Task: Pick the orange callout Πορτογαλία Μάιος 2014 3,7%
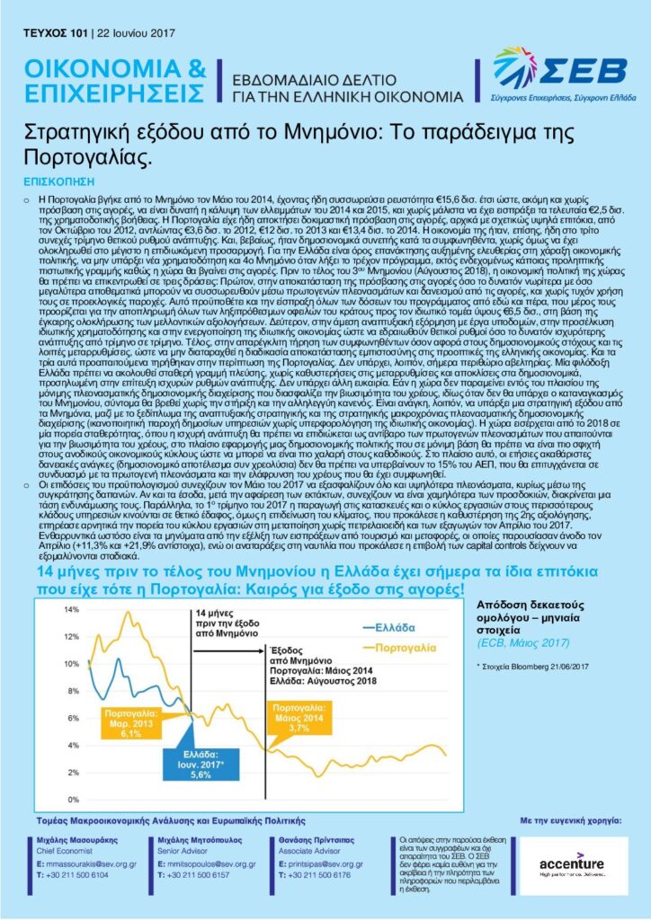(298, 719)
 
